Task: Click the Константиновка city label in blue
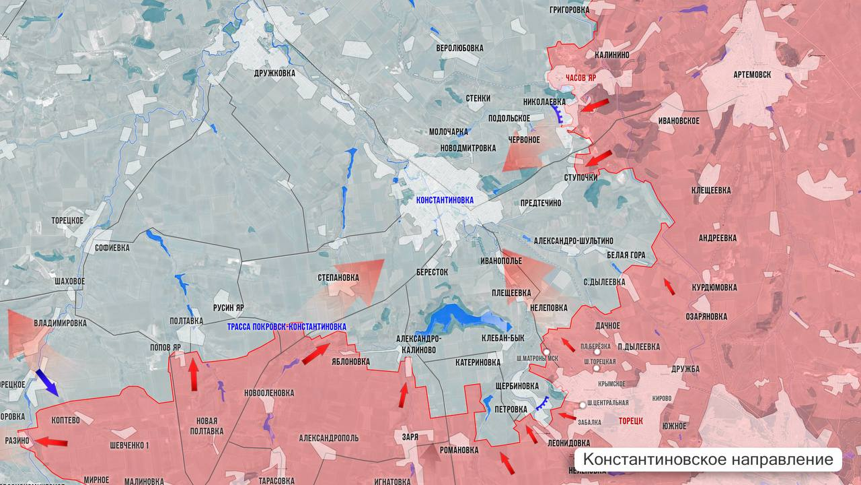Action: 445,200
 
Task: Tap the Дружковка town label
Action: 274,73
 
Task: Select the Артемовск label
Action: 752,75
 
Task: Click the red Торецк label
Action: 631,420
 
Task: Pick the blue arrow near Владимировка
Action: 46,382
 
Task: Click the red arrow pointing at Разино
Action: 51,443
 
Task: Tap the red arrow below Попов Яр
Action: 194,375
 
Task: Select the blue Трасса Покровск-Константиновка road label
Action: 287,327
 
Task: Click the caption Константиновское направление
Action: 708,460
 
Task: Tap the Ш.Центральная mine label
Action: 607,403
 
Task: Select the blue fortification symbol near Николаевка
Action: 557,115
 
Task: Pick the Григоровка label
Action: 569,10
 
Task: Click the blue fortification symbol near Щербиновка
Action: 541,405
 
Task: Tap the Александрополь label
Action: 328,438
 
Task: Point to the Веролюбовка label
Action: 459,48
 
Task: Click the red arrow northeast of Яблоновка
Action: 315,354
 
